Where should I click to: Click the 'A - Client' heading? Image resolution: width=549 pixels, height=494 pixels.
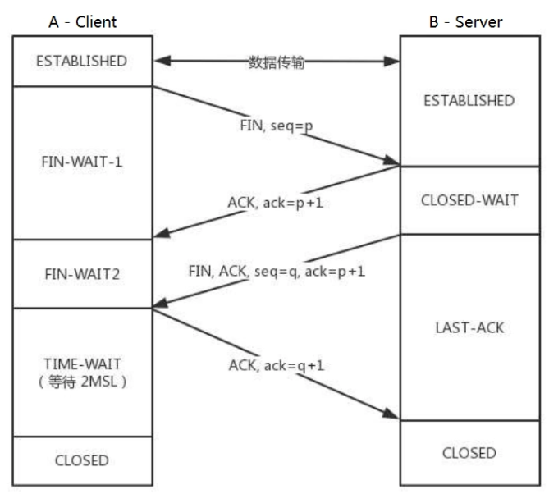[x=82, y=22]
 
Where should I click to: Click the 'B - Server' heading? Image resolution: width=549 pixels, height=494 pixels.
[x=465, y=22]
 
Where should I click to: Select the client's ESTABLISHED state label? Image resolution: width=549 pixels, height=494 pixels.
[x=81, y=61]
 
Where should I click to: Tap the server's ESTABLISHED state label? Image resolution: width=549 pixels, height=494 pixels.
[x=469, y=101]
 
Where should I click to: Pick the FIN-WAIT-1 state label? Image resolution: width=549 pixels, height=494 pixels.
[x=82, y=162]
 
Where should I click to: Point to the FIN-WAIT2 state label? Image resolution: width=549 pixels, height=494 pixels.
[x=82, y=274]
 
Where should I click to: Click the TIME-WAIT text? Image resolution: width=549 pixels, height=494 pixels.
[x=83, y=364]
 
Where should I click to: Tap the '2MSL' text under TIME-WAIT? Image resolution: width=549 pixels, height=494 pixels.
[x=98, y=382]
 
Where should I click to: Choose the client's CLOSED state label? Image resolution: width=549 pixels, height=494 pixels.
[x=82, y=460]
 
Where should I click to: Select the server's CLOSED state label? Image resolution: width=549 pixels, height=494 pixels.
[x=469, y=453]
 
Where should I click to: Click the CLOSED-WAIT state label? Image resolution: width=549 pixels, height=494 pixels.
[x=469, y=200]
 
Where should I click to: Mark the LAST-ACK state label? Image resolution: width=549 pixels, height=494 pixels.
[x=469, y=327]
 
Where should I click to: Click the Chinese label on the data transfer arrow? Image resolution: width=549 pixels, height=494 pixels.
[x=277, y=62]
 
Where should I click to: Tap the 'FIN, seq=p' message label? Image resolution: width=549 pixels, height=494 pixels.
[x=277, y=126]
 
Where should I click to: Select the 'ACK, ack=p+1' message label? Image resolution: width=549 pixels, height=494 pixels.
[x=275, y=203]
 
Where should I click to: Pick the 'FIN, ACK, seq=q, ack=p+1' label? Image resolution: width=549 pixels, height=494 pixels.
[x=277, y=272]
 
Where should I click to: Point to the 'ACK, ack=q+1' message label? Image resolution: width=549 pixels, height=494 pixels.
[x=277, y=365]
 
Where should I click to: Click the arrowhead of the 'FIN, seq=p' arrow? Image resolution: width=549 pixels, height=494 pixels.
[x=392, y=161]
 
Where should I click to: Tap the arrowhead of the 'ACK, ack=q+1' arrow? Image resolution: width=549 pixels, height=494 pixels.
[x=392, y=414]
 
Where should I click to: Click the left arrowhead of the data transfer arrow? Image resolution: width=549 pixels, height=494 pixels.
[x=162, y=61]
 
